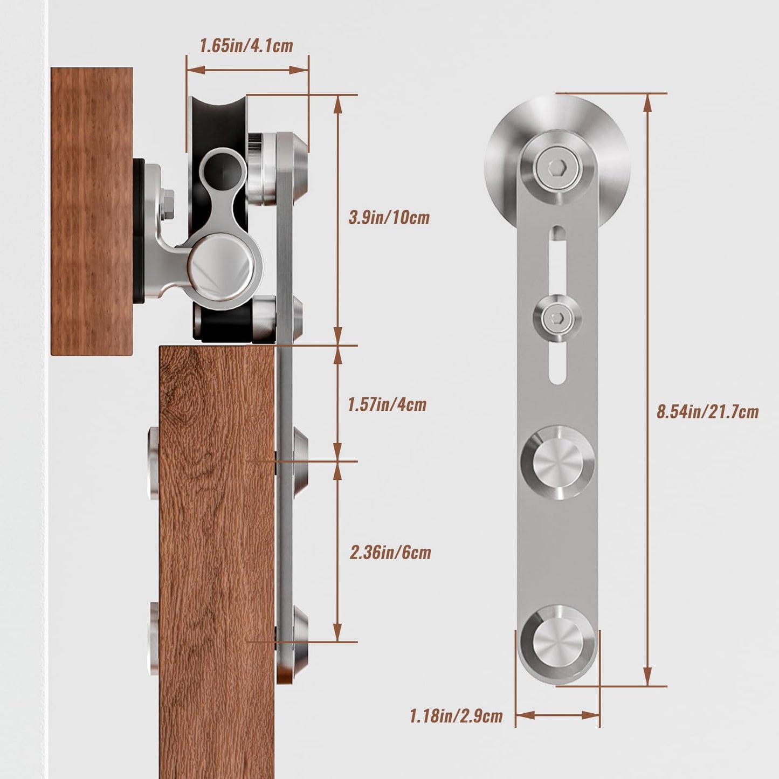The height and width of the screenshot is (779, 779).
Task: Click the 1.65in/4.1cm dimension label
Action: pos(246,46)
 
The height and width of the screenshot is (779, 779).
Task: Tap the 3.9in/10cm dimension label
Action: pos(389,218)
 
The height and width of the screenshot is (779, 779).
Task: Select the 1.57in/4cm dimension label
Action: pos(387,404)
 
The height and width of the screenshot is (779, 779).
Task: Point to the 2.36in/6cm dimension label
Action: pos(390,553)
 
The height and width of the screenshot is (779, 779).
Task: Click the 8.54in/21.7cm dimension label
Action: pos(707,412)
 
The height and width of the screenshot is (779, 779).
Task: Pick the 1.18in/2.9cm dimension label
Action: pos(456,716)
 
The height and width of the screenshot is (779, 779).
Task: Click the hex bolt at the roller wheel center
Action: pos(557,168)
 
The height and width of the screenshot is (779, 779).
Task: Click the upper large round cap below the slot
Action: pos(557,463)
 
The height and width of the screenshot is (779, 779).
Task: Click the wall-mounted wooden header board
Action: pos(91,210)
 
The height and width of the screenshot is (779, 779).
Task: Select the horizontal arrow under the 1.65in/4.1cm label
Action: pos(247,70)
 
